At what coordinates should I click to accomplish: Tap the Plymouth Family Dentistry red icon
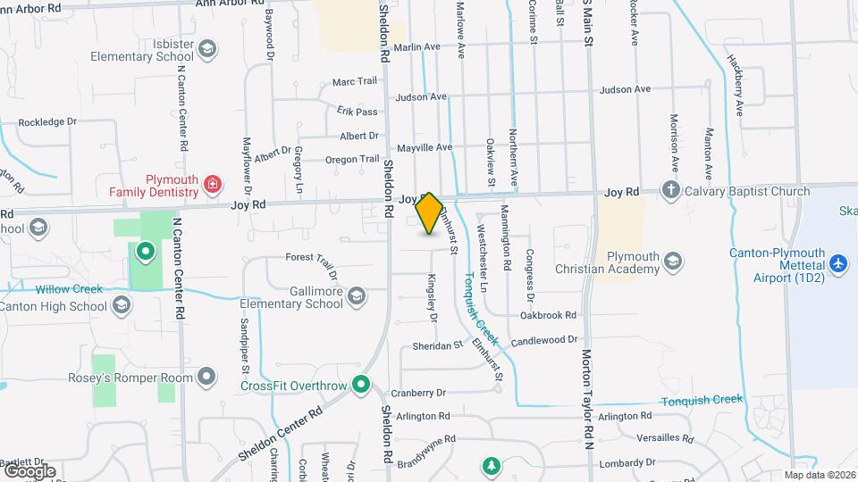click(x=213, y=185)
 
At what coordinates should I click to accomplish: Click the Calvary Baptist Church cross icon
click(x=670, y=190)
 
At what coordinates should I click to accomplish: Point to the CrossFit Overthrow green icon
click(x=361, y=386)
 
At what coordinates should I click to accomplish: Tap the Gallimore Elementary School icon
click(x=356, y=295)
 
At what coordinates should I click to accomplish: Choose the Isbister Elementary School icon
click(x=208, y=48)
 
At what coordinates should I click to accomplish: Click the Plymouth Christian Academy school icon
click(x=673, y=262)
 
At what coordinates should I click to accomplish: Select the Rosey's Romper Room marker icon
click(x=207, y=377)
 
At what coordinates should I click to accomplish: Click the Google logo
click(x=29, y=470)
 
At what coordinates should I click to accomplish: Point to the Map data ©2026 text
click(x=819, y=475)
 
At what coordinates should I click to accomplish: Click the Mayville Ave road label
click(x=425, y=146)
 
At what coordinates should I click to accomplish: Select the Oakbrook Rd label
click(x=548, y=315)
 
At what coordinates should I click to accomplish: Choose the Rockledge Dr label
click(x=47, y=121)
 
